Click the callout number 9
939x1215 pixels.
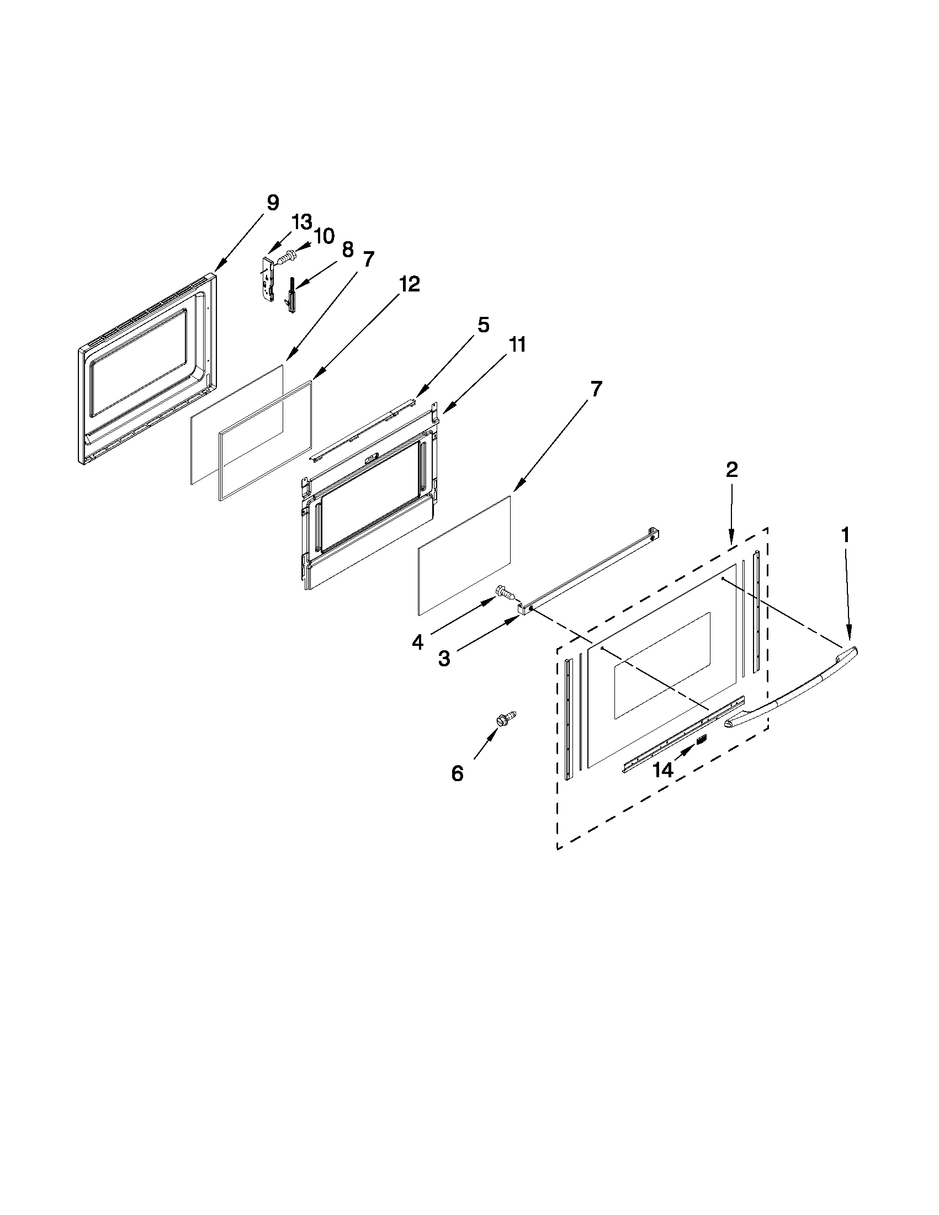[x=272, y=203]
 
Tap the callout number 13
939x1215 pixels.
[x=302, y=222]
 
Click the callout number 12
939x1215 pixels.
[x=409, y=284]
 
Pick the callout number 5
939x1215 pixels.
[x=483, y=325]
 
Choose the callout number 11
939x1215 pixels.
[x=517, y=345]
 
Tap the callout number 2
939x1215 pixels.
[x=731, y=470]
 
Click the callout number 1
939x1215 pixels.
[x=845, y=535]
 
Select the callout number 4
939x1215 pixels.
[x=418, y=643]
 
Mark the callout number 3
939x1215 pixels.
[x=444, y=659]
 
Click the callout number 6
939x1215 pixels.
[x=457, y=773]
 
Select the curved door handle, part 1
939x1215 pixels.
[x=790, y=689]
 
